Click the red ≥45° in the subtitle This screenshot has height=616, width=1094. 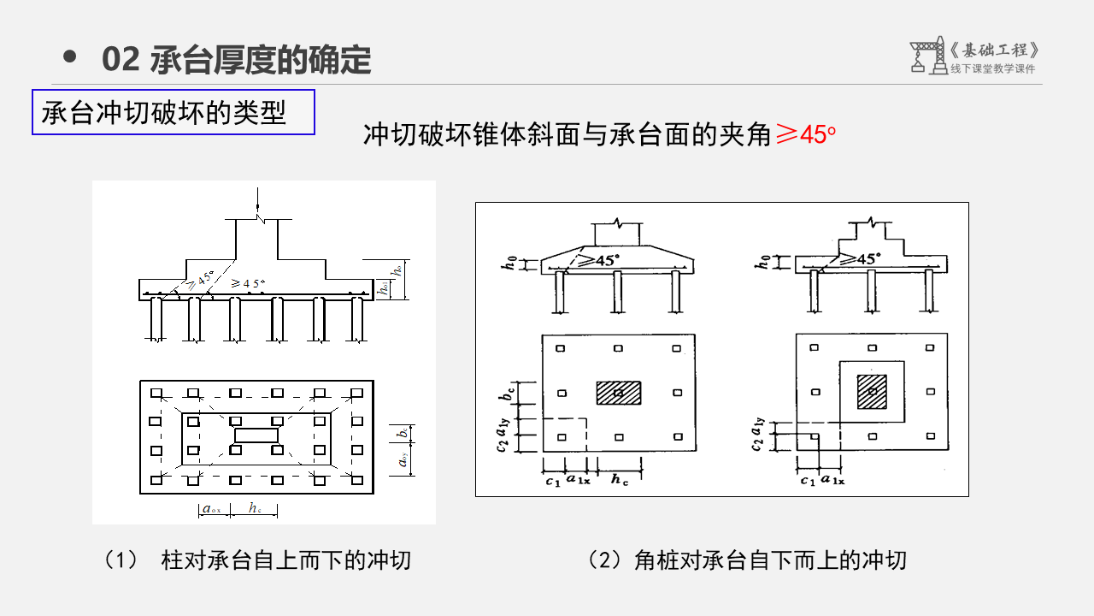pyautogui.click(x=804, y=134)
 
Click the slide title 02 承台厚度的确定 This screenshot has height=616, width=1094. pyautogui.click(x=236, y=59)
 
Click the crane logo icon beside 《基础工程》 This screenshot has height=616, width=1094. pyautogui.click(x=926, y=55)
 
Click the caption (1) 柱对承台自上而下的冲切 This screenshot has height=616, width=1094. pyautogui.click(x=257, y=560)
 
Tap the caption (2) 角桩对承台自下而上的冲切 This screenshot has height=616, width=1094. pyautogui.click(x=747, y=560)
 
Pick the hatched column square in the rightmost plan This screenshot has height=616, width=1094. pyautogui.click(x=872, y=391)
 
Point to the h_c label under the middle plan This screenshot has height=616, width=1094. pyautogui.click(x=620, y=480)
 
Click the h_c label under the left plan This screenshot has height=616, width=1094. pyautogui.click(x=256, y=508)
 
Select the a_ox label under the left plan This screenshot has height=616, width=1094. pyautogui.click(x=211, y=509)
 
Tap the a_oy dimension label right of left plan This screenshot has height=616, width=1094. pyautogui.click(x=402, y=461)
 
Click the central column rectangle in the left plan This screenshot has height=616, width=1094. pyautogui.click(x=256, y=435)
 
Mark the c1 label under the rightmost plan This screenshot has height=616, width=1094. pyautogui.click(x=807, y=480)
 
